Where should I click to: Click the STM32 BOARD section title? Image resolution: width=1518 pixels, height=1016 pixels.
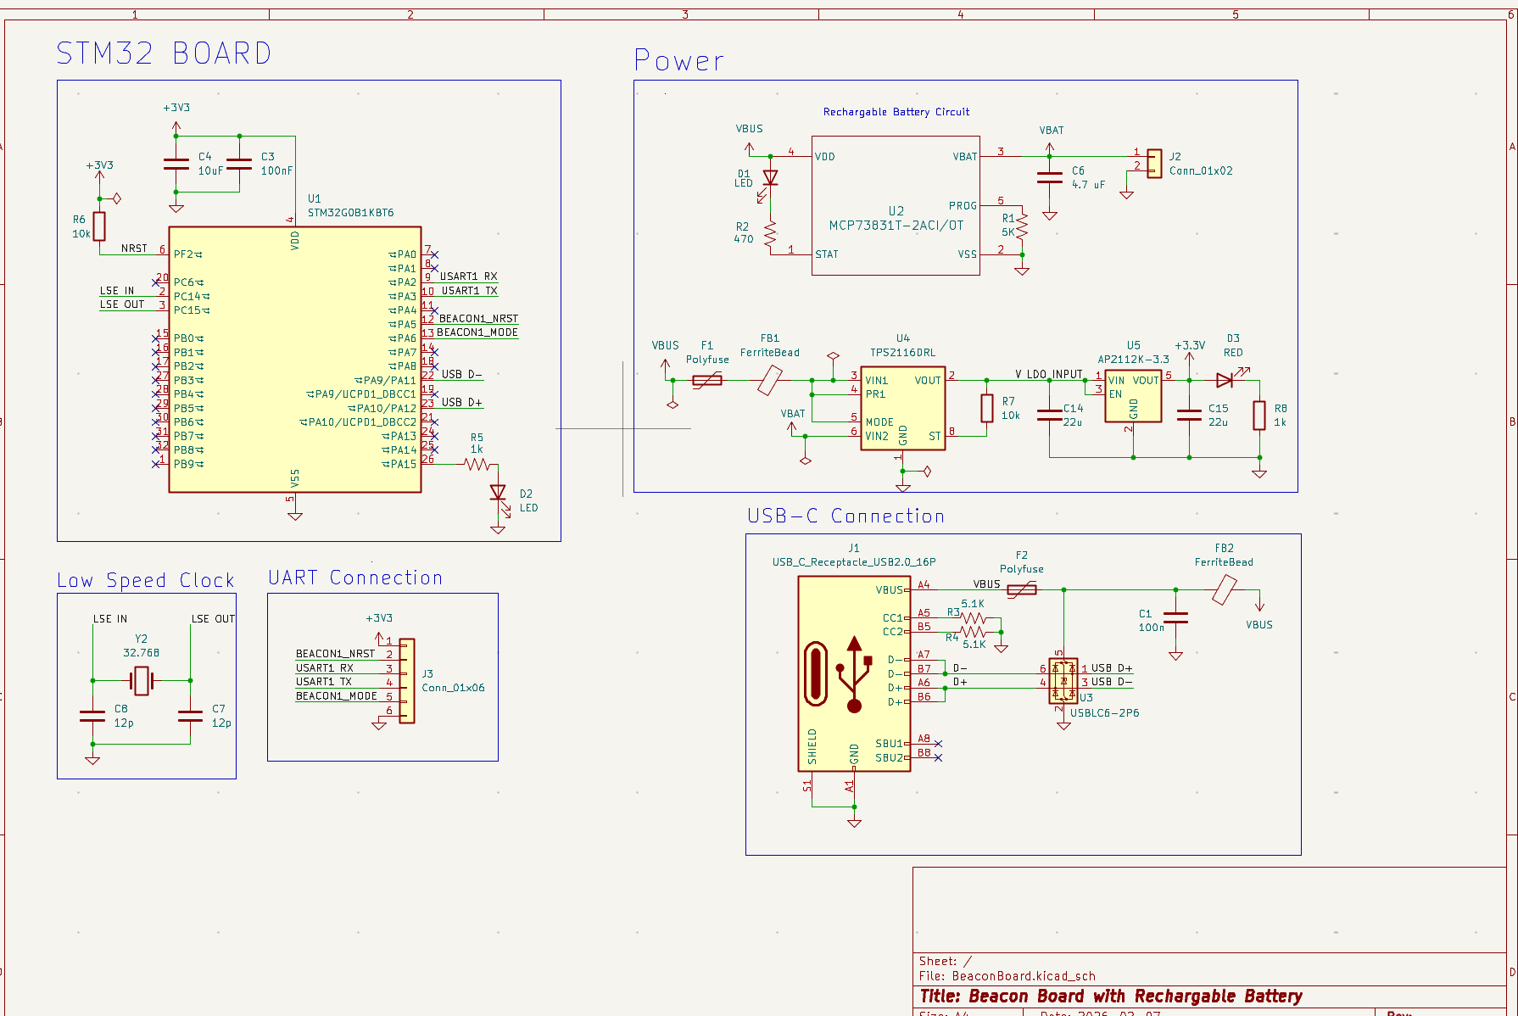pyautogui.click(x=164, y=53)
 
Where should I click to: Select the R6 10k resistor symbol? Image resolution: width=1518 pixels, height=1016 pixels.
pyautogui.click(x=99, y=226)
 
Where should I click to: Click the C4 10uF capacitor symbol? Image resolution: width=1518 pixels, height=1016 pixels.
pyautogui.click(x=176, y=164)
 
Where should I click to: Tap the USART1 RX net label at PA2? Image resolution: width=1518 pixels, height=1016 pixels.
pyautogui.click(x=468, y=276)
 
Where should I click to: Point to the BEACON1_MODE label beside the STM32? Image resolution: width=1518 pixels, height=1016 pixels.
pyautogui.click(x=477, y=332)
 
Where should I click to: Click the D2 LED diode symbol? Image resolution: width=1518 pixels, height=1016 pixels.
pyautogui.click(x=498, y=493)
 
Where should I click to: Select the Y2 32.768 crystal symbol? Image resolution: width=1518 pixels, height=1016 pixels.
pyautogui.click(x=141, y=680)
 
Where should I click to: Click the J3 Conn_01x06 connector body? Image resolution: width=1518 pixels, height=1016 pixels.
pyautogui.click(x=407, y=681)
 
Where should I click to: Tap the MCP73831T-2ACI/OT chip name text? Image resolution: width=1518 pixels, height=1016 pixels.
pyautogui.click(x=896, y=226)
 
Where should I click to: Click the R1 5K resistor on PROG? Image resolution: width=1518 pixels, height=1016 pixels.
pyautogui.click(x=1022, y=225)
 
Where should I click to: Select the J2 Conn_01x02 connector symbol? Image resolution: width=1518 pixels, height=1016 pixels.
pyautogui.click(x=1154, y=163)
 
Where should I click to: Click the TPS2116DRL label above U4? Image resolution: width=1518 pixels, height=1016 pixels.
pyautogui.click(x=902, y=353)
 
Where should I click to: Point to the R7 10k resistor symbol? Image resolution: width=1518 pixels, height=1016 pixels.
pyautogui.click(x=987, y=408)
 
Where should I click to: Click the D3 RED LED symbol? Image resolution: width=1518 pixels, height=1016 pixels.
pyautogui.click(x=1225, y=380)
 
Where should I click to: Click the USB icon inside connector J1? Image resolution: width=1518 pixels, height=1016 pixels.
pyautogui.click(x=854, y=674)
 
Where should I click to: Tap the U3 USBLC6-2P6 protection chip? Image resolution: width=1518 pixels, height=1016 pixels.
pyautogui.click(x=1063, y=681)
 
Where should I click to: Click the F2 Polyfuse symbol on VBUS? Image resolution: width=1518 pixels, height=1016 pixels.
pyautogui.click(x=1022, y=589)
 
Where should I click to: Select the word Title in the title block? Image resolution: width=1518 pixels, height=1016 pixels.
pyautogui.click(x=939, y=996)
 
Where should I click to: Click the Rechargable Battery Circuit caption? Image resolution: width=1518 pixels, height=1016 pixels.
pyautogui.click(x=896, y=112)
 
